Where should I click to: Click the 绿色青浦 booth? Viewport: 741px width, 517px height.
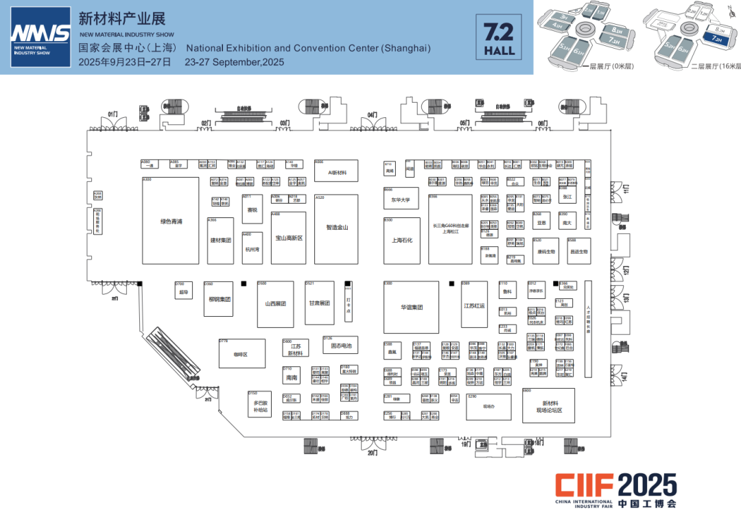click(170, 221)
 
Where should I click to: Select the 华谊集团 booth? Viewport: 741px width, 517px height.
click(411, 307)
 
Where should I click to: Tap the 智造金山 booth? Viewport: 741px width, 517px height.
click(336, 229)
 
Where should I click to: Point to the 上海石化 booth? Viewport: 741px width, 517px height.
click(401, 241)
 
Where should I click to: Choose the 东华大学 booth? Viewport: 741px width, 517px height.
click(401, 200)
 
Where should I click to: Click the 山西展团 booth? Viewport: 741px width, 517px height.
click(275, 303)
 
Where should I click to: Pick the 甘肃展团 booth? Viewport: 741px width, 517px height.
click(319, 303)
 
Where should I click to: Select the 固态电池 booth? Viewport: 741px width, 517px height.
click(341, 346)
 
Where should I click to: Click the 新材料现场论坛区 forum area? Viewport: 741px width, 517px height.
click(549, 406)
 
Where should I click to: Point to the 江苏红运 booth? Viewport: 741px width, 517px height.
click(474, 305)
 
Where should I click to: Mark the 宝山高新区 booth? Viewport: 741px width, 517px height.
click(289, 238)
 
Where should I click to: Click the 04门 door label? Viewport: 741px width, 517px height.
click(372, 115)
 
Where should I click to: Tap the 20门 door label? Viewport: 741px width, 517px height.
click(372, 453)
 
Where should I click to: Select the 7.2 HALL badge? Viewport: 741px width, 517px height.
click(499, 37)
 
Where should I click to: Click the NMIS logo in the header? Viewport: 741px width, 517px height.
click(40, 37)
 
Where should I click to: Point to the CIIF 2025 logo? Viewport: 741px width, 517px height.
click(615, 490)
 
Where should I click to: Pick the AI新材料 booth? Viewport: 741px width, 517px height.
click(336, 172)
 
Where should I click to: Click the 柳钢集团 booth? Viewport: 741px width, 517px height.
click(220, 299)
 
